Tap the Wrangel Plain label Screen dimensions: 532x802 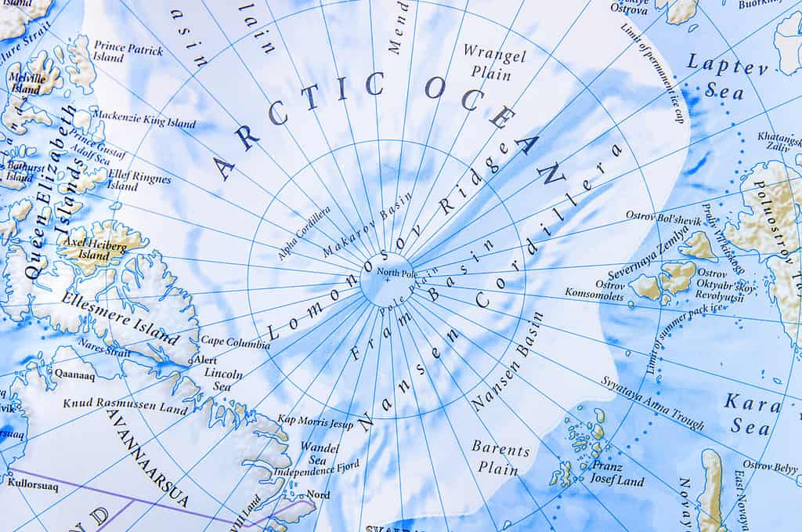tap(493, 62)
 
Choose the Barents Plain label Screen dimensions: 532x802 tap(500, 458)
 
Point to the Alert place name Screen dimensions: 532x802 tap(205, 359)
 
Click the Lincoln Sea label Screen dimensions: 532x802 tap(223, 380)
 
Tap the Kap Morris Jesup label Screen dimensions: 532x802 tap(316, 422)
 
